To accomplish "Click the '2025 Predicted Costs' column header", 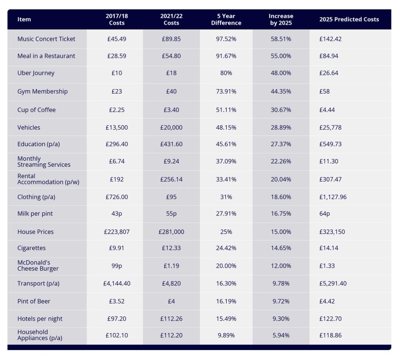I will point(349,19).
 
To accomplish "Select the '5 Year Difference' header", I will point(226,19).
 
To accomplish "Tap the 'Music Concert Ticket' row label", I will point(46,39).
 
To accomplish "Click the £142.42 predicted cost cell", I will point(330,39).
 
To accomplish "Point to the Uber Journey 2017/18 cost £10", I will point(117,73).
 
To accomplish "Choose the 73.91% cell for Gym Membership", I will point(226,91).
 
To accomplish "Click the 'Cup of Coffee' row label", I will point(36,110).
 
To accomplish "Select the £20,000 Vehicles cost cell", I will point(171,127).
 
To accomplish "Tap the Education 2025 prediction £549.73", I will point(330,144).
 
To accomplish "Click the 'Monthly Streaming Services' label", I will point(44,162).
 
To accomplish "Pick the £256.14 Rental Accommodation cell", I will point(171,179).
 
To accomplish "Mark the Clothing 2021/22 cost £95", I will point(171,197).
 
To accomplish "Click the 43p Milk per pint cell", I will point(117,213).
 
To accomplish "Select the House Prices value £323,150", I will point(332,232).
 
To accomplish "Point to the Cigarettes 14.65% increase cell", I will point(281,248).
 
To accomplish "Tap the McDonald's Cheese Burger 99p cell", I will point(117,266).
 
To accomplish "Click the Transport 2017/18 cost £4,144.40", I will point(117,283).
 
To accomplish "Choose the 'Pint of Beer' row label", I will point(34,301).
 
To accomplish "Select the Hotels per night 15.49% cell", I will point(226,319).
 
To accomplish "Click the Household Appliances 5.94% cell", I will point(281,335).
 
